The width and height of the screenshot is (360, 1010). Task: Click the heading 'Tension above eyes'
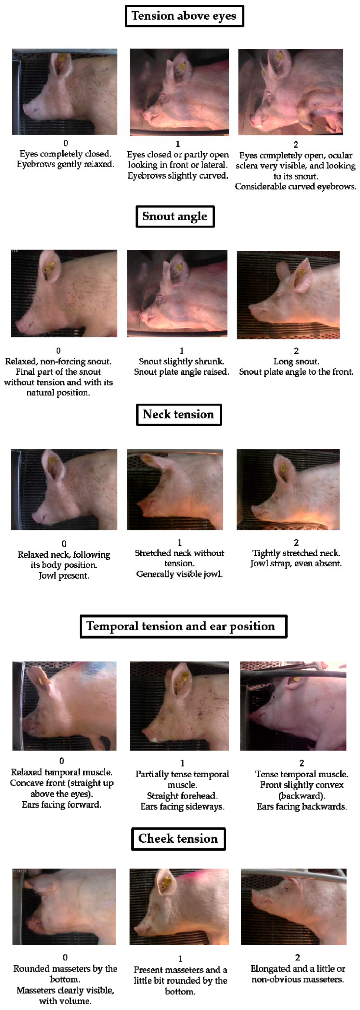(x=184, y=16)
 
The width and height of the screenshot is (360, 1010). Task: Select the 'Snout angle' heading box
(x=175, y=216)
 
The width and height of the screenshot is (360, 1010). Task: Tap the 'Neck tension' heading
(x=179, y=414)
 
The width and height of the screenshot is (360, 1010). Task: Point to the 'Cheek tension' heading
(x=178, y=839)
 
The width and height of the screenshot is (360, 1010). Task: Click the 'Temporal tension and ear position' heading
(x=183, y=626)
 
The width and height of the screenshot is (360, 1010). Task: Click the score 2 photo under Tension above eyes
(x=291, y=92)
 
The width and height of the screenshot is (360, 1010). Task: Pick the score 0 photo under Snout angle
(x=64, y=293)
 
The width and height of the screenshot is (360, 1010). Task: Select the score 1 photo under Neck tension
(x=175, y=490)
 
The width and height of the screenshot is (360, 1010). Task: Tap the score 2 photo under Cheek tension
(x=294, y=906)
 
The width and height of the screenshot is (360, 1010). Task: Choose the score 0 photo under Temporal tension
(x=64, y=706)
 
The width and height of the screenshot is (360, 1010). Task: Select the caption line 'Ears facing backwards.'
(x=302, y=806)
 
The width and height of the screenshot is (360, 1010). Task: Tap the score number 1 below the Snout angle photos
(x=181, y=351)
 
